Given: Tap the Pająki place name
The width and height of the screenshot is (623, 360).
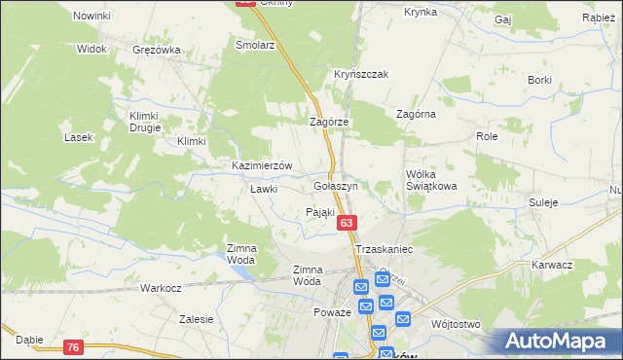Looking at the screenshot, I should point(320,212).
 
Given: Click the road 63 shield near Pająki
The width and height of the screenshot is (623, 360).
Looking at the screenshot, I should point(348,225).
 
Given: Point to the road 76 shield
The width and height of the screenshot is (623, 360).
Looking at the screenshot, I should point(73,347).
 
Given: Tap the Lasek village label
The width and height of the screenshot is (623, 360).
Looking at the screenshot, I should point(78,137).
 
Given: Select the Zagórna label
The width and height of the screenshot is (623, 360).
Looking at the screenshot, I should point(416,114).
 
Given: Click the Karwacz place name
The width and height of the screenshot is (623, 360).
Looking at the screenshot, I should point(552,265).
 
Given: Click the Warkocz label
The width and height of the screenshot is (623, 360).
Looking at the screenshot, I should point(161,289).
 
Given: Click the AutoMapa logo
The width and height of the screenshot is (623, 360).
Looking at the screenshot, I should point(556,342).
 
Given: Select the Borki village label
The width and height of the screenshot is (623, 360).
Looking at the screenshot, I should point(539,79).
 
